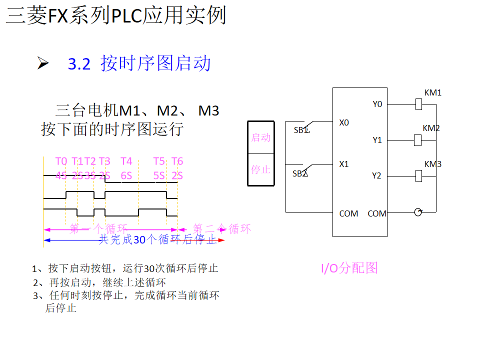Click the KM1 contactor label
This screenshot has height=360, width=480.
[x=432, y=92]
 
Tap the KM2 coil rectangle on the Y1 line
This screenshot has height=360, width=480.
[x=418, y=140]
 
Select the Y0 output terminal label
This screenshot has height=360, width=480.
[x=377, y=104]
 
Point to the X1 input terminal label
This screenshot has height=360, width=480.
[x=344, y=164]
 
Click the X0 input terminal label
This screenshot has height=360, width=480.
[x=344, y=122]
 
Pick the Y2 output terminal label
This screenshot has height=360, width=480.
[x=376, y=175]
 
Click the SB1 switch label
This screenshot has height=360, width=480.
[x=301, y=130]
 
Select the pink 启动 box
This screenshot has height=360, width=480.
[x=261, y=137]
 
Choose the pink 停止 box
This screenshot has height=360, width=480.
[x=261, y=169]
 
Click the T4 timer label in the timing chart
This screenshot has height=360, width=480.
[x=126, y=161]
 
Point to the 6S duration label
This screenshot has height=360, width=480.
[x=126, y=175]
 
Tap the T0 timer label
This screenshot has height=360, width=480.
[x=61, y=161]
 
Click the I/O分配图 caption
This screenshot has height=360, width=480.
[x=349, y=268]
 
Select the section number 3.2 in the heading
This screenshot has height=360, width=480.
[x=79, y=64]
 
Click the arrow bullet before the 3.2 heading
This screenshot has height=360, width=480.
[x=43, y=63]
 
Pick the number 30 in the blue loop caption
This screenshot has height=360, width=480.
[x=139, y=240]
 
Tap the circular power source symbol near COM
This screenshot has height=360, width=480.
[x=418, y=212]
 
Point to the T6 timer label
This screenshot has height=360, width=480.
[x=177, y=161]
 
